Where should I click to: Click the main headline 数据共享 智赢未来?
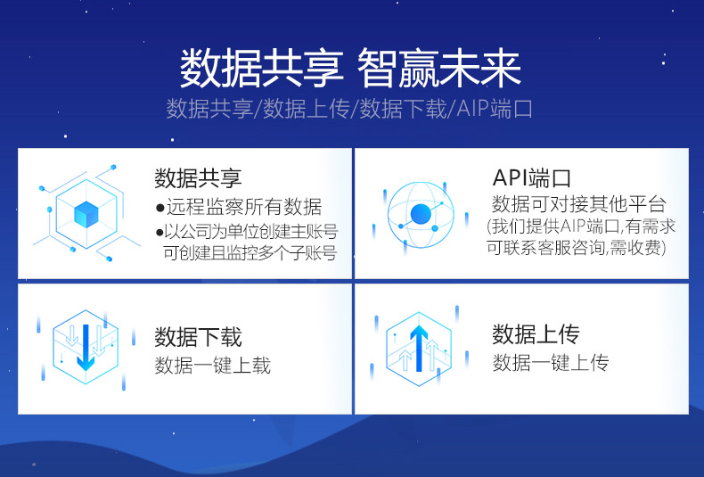[x=350, y=69]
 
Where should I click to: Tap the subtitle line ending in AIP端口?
[x=349, y=109]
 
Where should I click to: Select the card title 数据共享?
[x=198, y=177]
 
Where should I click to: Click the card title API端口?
[x=532, y=177]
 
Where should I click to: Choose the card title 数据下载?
[x=198, y=337]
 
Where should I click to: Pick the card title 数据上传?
[x=536, y=334]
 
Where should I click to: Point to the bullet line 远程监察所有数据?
[x=239, y=207]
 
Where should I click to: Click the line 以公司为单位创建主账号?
[x=247, y=232]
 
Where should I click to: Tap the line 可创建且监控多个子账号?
[x=250, y=253]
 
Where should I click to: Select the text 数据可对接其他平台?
[x=578, y=204]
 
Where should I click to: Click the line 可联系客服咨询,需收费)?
[x=576, y=248]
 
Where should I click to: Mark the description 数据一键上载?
[x=213, y=366]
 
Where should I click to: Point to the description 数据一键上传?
[x=551, y=363]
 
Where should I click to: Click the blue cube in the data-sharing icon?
[x=86, y=214]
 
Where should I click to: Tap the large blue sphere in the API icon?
[x=421, y=214]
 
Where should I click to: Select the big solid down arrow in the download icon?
[x=86, y=347]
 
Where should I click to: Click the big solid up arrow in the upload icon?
[x=420, y=348]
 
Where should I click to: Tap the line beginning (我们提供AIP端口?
[x=581, y=226]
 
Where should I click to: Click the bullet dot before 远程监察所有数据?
[x=160, y=208]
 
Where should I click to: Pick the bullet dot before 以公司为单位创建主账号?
[x=160, y=233]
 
